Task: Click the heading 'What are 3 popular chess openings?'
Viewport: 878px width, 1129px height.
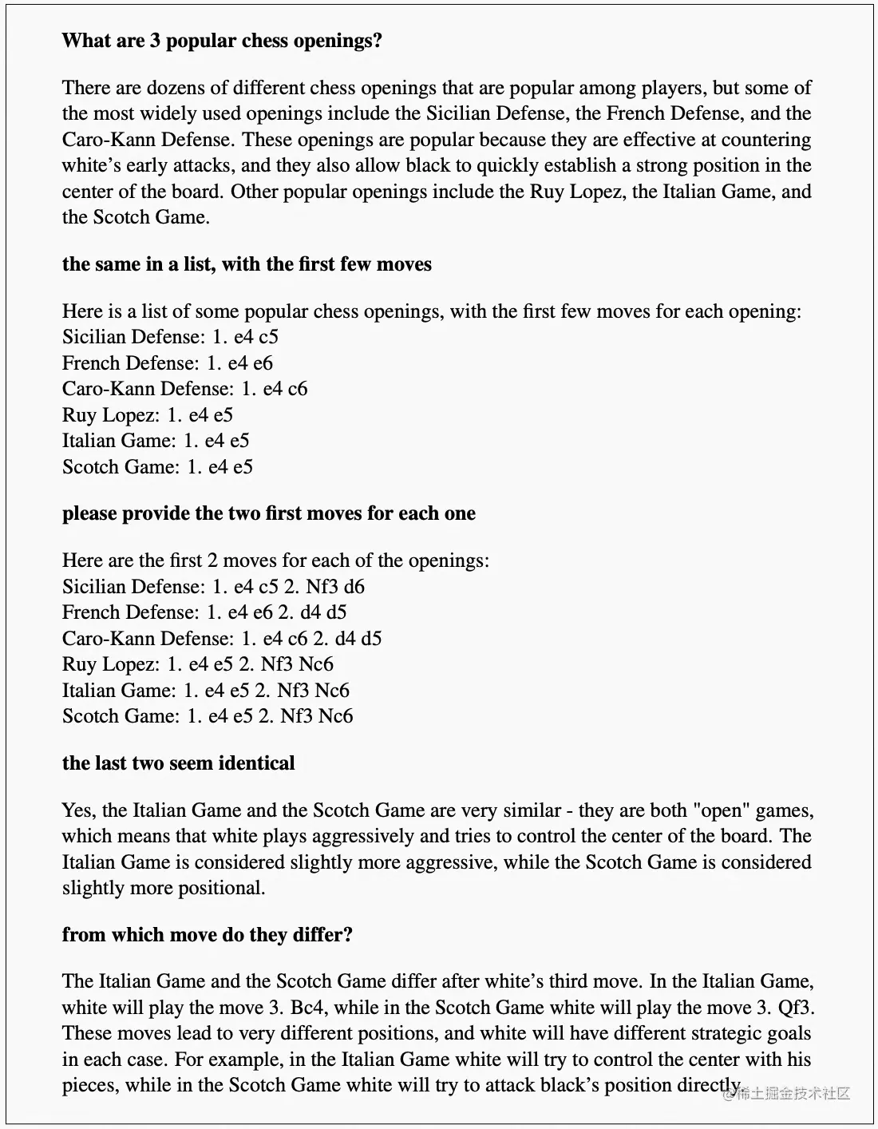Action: tap(222, 40)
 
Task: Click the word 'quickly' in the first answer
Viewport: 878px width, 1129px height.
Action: tap(487, 165)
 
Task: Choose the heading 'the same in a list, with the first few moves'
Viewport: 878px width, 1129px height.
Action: tap(247, 263)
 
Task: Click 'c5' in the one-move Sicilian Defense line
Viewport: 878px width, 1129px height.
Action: tap(268, 337)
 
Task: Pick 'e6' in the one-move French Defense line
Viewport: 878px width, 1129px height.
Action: tap(263, 362)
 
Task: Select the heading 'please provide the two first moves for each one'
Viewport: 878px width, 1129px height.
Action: tap(268, 513)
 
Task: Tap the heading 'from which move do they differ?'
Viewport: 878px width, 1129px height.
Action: tap(208, 934)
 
